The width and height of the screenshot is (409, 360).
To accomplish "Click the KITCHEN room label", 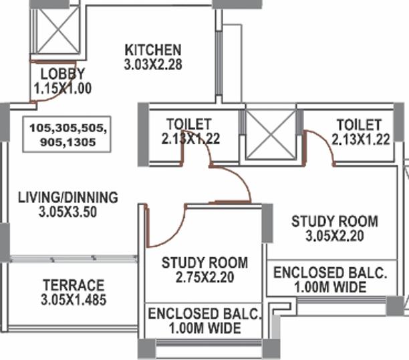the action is point(153,50).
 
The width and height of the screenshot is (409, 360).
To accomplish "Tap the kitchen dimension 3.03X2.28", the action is point(153,64).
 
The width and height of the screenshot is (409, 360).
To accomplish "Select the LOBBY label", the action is point(63,73).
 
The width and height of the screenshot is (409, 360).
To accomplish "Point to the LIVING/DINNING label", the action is point(67,197).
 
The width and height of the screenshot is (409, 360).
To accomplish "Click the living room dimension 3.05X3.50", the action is point(67,212).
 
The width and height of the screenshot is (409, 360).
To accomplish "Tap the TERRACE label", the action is point(74,285).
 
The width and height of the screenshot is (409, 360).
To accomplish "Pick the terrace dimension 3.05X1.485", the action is point(74,299).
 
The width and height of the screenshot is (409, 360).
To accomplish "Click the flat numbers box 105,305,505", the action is point(67,134).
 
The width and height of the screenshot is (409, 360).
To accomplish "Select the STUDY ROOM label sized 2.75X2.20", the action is point(204,262).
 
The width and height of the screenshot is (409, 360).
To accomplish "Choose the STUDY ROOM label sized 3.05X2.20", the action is point(335,221).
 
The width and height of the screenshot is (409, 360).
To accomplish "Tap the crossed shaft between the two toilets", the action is point(271,134).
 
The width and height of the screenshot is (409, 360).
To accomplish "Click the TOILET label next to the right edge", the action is point(359,125).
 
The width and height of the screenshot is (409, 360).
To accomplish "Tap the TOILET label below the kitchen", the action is point(189,124).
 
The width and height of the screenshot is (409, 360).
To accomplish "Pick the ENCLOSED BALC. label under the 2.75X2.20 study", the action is point(204,314).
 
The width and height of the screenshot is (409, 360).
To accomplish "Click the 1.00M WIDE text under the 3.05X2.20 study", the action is point(331,287).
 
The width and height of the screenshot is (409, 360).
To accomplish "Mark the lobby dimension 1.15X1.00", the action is point(63,88).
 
